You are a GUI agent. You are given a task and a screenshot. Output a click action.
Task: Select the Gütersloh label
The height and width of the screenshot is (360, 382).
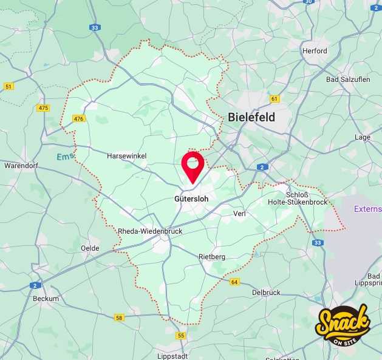pyautogui.click(x=191, y=199)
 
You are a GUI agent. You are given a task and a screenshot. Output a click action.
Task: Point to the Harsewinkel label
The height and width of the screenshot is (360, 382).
pyautogui.click(x=126, y=156)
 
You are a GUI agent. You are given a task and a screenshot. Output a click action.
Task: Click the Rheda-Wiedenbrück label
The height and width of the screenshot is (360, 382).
pyautogui.click(x=149, y=231)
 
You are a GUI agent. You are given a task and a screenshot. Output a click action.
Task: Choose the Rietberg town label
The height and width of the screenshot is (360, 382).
pyautogui.click(x=212, y=257)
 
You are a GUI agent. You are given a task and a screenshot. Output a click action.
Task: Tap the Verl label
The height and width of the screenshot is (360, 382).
pyautogui.click(x=240, y=214)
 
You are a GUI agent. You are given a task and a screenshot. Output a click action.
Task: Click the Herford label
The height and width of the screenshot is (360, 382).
pyautogui.click(x=315, y=51)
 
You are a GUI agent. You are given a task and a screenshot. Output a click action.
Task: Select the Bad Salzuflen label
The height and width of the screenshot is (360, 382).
pyautogui.click(x=348, y=80)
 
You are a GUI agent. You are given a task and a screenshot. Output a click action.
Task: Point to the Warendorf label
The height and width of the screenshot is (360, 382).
pyautogui.click(x=21, y=165)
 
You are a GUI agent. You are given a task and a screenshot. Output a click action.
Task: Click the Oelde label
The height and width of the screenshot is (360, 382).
pyautogui.click(x=90, y=248)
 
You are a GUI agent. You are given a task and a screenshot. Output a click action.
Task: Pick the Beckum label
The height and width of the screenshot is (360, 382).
pyautogui.click(x=46, y=299)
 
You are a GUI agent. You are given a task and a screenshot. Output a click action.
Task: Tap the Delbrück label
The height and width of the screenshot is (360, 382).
pyautogui.click(x=266, y=293)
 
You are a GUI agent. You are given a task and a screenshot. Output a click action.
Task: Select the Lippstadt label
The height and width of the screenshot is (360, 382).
pyautogui.click(x=172, y=356)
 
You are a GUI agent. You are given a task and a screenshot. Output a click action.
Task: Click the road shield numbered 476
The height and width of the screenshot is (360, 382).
pyautogui.click(x=78, y=118)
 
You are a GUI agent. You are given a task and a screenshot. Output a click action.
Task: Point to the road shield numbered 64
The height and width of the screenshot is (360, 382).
pyautogui.click(x=234, y=282)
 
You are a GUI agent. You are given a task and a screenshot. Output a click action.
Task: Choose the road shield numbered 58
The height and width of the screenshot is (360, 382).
pyautogui.click(x=119, y=318)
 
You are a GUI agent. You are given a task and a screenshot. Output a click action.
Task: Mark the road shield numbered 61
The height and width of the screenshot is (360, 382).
pyautogui.click(x=275, y=99)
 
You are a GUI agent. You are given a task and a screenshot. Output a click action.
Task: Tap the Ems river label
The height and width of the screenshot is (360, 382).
pyautogui.click(x=64, y=157)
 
